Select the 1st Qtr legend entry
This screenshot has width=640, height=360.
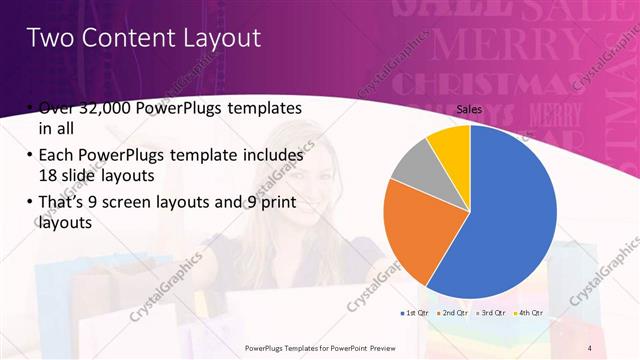416,313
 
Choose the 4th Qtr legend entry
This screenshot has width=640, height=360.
530,313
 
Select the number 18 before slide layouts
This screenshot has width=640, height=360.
49,173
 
